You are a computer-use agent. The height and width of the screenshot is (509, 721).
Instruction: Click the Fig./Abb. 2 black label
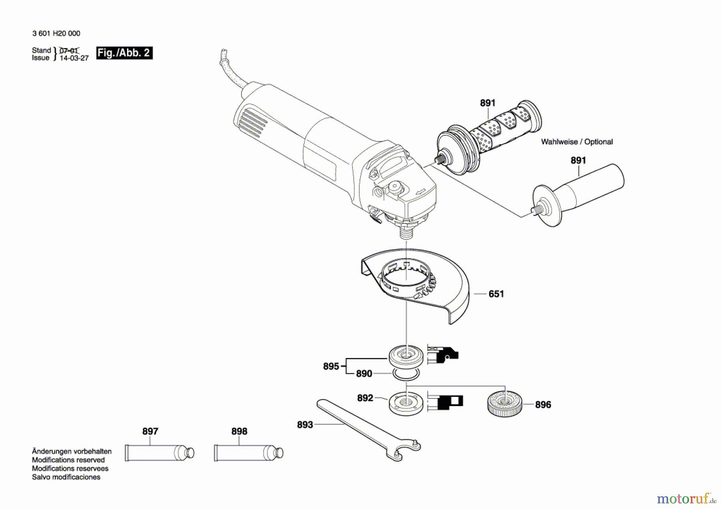click(x=124, y=53)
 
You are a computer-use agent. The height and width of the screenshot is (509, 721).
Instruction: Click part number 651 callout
click(x=496, y=294)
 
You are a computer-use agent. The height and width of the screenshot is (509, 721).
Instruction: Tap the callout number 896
click(x=543, y=404)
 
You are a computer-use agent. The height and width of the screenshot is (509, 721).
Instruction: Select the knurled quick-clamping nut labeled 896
click(x=505, y=404)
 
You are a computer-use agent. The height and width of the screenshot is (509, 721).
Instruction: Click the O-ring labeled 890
click(x=406, y=375)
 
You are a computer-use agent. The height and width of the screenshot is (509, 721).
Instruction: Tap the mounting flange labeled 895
click(x=406, y=355)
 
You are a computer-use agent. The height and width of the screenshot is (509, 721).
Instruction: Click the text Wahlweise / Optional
click(x=576, y=142)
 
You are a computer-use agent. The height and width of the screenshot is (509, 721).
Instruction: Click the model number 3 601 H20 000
click(x=56, y=34)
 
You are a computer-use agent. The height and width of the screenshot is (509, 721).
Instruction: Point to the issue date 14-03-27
click(x=74, y=58)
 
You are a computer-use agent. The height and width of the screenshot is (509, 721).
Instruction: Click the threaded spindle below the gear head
click(x=406, y=231)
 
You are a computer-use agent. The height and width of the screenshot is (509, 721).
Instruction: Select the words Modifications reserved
click(x=68, y=460)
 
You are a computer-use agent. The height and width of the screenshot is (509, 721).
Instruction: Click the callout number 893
click(x=304, y=425)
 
